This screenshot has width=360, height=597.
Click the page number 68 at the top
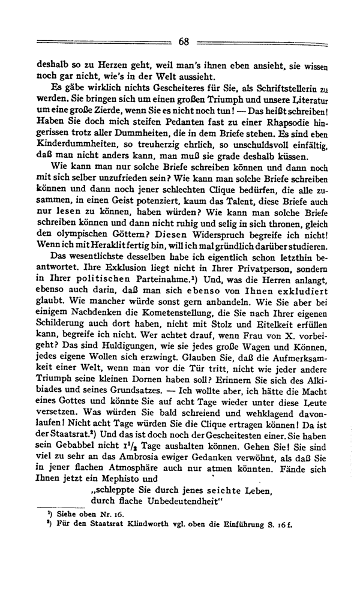(x=183, y=41)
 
